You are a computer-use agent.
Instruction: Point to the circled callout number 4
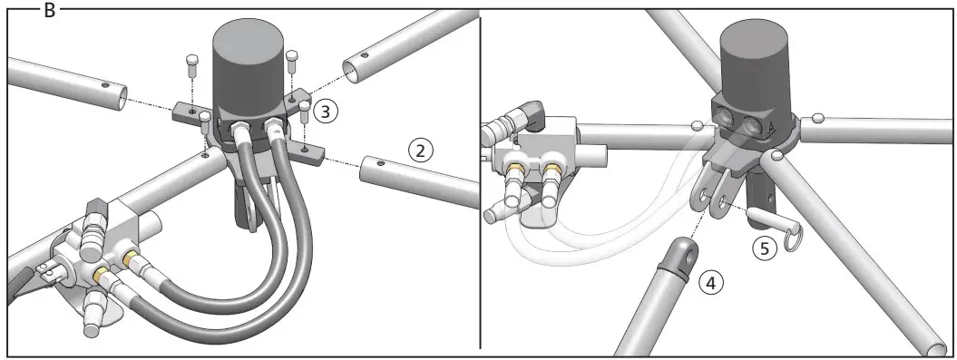pos(712,283)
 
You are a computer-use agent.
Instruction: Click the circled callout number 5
pos(767,247)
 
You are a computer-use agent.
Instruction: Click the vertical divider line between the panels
pos(480,181)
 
